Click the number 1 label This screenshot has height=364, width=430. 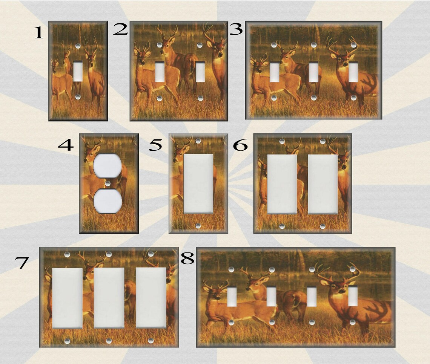(x=39, y=34)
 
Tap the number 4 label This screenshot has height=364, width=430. (x=66, y=145)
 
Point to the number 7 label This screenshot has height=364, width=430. (x=21, y=263)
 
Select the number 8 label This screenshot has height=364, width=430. (x=187, y=258)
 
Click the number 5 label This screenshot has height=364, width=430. (x=155, y=145)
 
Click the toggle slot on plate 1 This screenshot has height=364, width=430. (x=78, y=71)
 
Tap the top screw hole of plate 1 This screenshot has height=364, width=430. (x=78, y=46)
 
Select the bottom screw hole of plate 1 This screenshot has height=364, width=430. (x=78, y=97)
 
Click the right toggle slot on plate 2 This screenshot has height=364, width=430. (x=200, y=72)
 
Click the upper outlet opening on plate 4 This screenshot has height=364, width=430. (x=107, y=165)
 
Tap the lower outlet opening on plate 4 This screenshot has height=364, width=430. (x=107, y=201)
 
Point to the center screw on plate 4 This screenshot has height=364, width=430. (x=108, y=183)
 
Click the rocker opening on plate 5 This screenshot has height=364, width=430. (x=198, y=184)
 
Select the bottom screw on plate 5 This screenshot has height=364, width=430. (x=198, y=226)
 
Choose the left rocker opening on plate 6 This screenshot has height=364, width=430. (x=282, y=184)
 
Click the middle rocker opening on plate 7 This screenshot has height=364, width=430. (x=109, y=298)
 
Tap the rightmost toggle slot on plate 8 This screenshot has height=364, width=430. (x=353, y=296)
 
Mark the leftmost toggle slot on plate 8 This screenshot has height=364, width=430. (x=232, y=297)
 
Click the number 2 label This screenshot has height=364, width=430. (x=120, y=29)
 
